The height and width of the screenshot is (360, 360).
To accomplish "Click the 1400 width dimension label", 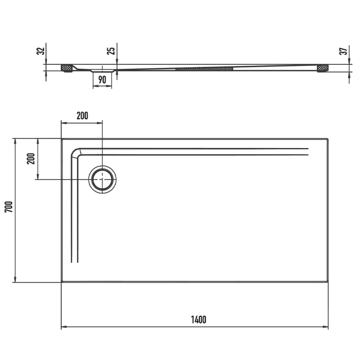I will tap(198, 319).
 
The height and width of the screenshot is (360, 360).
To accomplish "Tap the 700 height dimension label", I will tap(7, 207).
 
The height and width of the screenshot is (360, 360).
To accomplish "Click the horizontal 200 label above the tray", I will tap(82, 115).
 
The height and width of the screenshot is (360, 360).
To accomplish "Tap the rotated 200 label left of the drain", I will tap(30, 158).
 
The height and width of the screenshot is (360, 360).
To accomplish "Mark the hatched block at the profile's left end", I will tap(66, 67).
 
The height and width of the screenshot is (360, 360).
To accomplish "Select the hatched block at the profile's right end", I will tap(323, 67).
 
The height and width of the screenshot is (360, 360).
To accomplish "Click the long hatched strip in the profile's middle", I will tap(204, 67).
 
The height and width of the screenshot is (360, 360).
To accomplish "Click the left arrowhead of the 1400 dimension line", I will tap(63, 327).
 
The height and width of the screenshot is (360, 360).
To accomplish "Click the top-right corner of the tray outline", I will tap(328, 139).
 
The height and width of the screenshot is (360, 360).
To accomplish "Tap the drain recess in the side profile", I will tap(102, 69).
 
